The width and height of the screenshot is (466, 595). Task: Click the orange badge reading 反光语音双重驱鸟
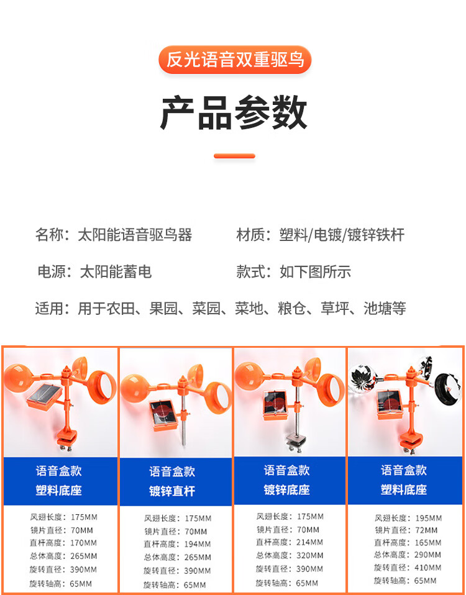point(235,60)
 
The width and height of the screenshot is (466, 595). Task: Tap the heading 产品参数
point(234,112)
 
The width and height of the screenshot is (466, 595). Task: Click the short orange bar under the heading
point(234,156)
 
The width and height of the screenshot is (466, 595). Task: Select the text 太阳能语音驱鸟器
point(135,235)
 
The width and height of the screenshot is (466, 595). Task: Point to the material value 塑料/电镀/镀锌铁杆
point(342,235)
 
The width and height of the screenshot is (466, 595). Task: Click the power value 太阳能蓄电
point(116,271)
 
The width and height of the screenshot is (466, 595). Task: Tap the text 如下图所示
point(316,271)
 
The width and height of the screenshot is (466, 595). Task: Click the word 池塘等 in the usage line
point(385,308)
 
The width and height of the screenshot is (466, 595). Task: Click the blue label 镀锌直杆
point(172,491)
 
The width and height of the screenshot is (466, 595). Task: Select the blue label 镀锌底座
point(287,489)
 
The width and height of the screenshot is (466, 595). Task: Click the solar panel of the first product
point(44,395)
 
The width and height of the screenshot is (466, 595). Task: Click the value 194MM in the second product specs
point(198,544)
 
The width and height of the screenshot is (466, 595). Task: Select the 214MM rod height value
point(310,542)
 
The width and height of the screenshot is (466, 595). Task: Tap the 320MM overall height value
point(310,555)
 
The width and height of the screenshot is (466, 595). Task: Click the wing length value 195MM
point(429,518)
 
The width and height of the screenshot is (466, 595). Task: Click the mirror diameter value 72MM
point(426,530)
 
